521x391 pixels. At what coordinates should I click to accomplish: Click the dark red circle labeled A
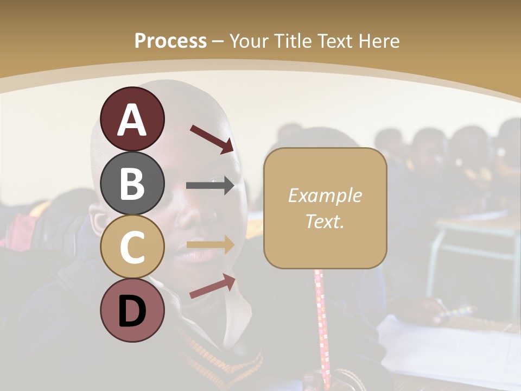coord(132,119)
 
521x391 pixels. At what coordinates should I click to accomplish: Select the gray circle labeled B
coord(132,183)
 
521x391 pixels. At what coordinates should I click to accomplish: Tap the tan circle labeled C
coord(132,247)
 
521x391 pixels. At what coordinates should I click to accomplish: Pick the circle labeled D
coord(132,311)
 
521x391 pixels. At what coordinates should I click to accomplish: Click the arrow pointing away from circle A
coord(212,138)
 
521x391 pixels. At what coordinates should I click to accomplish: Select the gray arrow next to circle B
coord(210,186)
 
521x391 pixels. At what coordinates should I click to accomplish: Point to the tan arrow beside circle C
coord(210,245)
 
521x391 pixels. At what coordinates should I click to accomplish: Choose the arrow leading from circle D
coord(212,286)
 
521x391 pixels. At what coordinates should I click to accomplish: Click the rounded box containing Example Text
coord(325,208)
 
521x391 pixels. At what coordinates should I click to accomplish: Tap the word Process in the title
coord(170,41)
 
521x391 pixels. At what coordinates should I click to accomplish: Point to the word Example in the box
coord(325,195)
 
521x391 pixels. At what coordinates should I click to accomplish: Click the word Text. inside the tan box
coord(325,222)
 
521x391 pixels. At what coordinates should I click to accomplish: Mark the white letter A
coord(132,120)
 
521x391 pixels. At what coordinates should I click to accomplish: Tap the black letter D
coord(132,312)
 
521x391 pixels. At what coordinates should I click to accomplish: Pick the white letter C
coord(132,247)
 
